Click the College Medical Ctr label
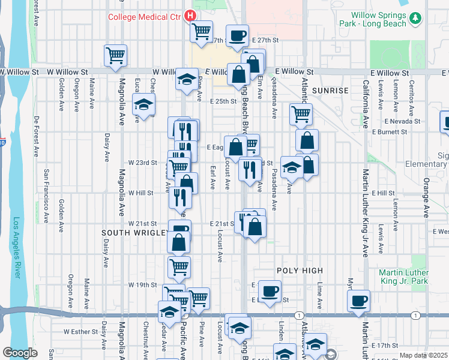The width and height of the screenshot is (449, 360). click(x=144, y=16)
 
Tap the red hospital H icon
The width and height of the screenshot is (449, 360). click(x=190, y=16)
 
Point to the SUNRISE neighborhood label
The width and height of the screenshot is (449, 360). click(x=330, y=90)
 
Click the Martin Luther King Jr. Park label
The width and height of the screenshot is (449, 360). click(x=412, y=276)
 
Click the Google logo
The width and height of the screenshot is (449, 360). click(x=20, y=353)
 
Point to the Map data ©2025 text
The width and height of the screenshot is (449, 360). click(x=423, y=355)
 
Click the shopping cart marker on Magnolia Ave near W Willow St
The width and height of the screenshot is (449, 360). click(x=115, y=55)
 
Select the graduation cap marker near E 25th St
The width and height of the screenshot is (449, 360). click(x=143, y=104)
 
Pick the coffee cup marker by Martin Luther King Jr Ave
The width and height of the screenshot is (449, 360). click(x=358, y=300)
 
